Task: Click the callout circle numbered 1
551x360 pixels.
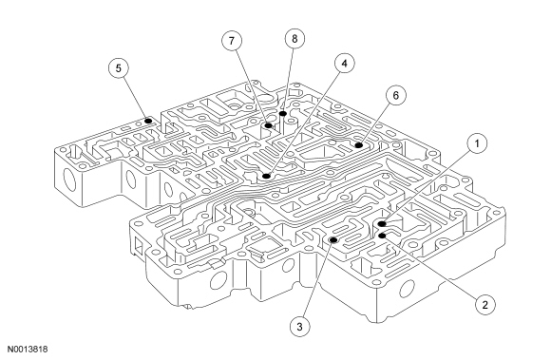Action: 477,143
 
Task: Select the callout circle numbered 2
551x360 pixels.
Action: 484,305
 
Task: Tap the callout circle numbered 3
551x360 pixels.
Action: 300,327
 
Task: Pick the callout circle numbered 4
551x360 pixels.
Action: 344,64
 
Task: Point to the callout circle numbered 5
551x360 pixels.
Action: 119,68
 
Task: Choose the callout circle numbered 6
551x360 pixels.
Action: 396,95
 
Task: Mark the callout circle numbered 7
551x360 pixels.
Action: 232,41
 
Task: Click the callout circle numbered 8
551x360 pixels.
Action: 294,38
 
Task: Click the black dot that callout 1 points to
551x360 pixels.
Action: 382,224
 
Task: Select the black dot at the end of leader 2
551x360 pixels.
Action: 382,236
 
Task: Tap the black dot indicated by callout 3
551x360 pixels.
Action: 333,240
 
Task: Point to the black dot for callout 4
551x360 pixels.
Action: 266,176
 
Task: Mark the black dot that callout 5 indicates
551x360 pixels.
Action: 148,121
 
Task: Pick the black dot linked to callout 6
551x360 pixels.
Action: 358,145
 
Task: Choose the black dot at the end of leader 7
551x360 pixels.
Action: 268,125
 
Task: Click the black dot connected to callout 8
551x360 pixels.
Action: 283,113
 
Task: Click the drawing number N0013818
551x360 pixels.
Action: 28,350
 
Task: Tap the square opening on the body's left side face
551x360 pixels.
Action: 139,245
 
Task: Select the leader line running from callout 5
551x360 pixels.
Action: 135,99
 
